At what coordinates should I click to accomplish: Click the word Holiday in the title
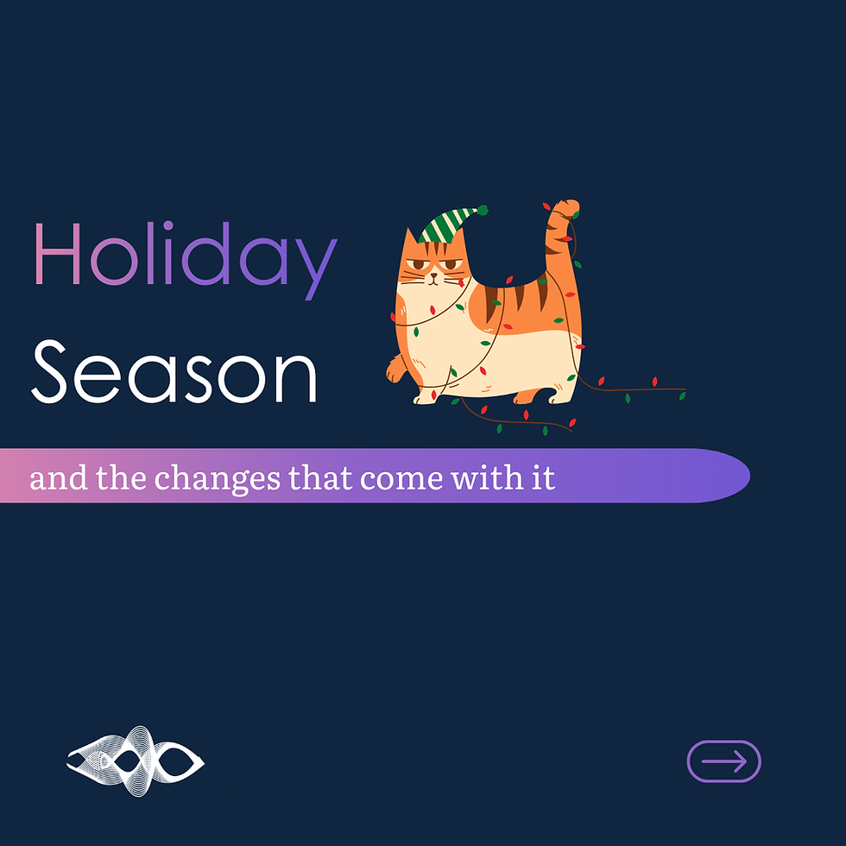(184, 256)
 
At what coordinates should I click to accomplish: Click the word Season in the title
(175, 371)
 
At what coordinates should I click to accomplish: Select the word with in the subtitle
(486, 477)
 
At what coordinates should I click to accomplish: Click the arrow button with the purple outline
(723, 761)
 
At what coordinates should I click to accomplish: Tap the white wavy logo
(136, 761)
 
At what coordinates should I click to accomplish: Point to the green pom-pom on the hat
(483, 210)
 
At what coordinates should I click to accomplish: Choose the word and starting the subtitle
(59, 478)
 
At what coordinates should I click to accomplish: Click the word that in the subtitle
(320, 477)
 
